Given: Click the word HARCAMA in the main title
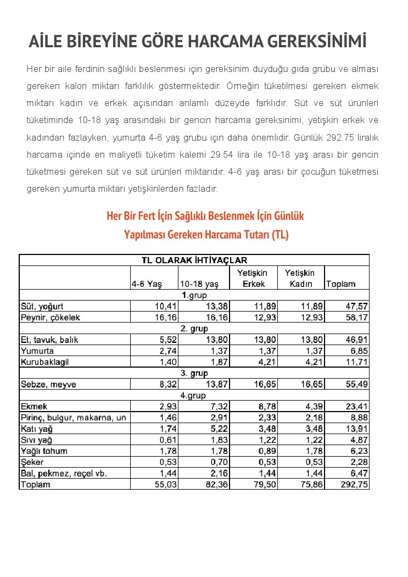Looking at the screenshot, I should (x=226, y=42).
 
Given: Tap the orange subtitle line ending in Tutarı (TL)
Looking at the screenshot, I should (x=206, y=235).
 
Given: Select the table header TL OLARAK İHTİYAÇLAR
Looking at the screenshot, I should (x=194, y=260).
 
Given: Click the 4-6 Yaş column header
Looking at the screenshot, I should (x=146, y=284).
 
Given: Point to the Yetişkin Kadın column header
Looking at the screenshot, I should (x=300, y=278).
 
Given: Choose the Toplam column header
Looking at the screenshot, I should (x=340, y=284).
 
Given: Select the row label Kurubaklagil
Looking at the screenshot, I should (x=45, y=362).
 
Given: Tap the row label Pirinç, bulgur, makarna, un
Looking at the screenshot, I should (x=73, y=418).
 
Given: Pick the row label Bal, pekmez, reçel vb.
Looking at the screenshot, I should (x=64, y=473).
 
